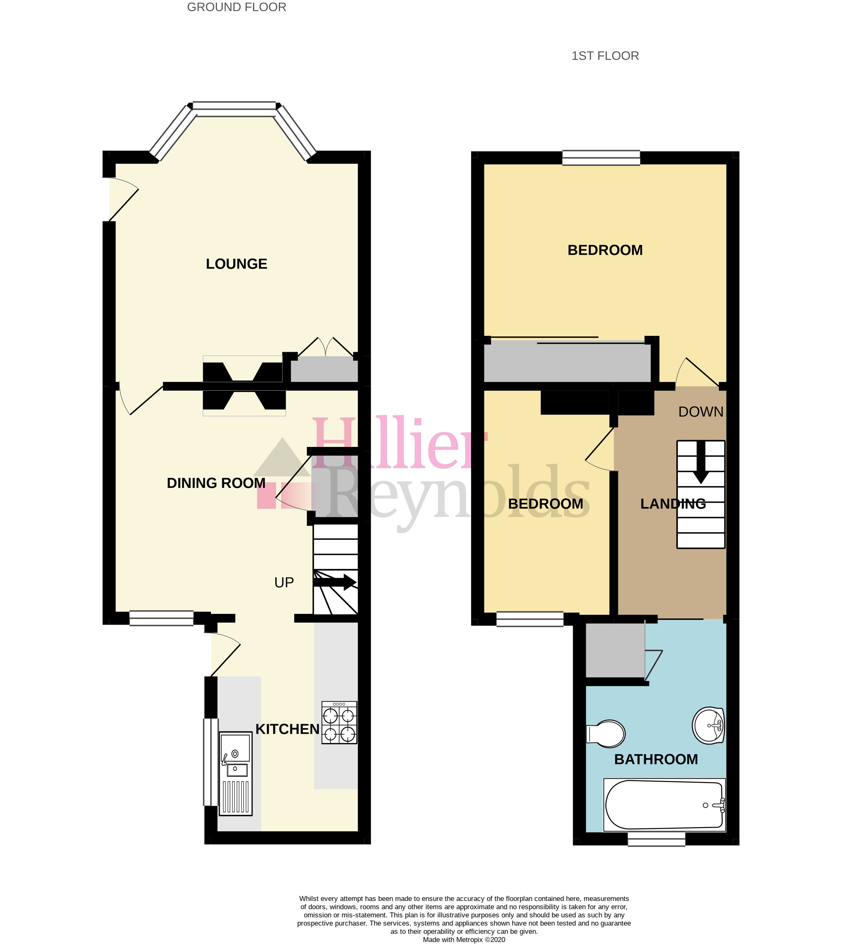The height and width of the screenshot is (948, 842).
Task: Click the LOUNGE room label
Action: point(237,264)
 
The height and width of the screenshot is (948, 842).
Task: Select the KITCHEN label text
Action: point(287,729)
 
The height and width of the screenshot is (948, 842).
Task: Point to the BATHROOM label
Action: point(656,759)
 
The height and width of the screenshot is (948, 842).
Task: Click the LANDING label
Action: point(673,504)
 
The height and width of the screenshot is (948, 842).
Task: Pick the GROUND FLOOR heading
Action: point(237,7)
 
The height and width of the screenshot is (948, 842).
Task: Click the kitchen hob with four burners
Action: point(339,723)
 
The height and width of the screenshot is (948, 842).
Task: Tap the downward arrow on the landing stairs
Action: point(700,464)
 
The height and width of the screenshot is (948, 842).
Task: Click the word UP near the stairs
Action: point(284,583)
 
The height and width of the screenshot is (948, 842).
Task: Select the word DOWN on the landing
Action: point(700,412)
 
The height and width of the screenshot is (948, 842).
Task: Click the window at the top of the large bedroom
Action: point(601,158)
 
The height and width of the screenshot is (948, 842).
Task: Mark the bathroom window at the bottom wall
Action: point(656,839)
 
